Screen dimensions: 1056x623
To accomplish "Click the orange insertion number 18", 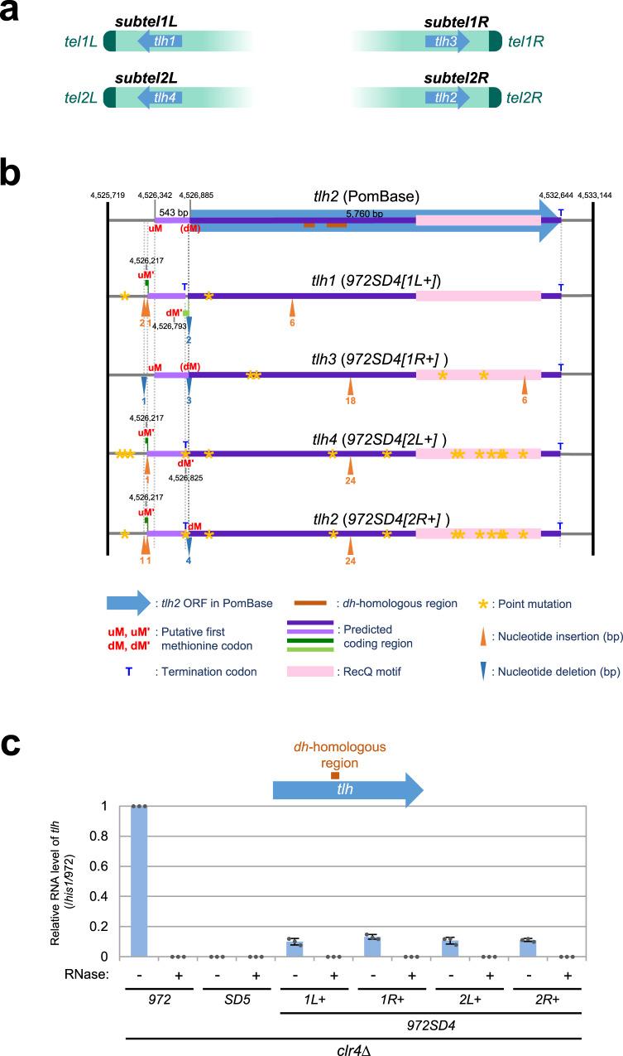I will [x=351, y=400].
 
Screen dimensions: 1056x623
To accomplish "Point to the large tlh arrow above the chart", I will [x=347, y=788].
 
